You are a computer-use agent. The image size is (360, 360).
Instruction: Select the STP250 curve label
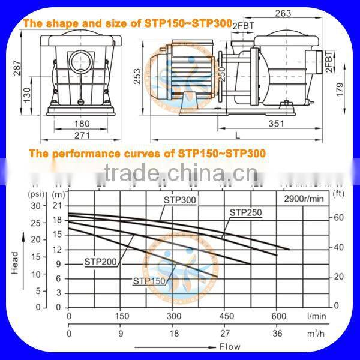[x=245, y=212]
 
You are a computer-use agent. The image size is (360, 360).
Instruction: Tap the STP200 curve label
[x=101, y=262]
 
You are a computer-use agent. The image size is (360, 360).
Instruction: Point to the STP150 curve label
[x=149, y=281]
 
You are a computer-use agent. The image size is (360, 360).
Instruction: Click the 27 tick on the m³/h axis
[x=226, y=334]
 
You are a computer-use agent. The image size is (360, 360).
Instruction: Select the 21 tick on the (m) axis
[x=58, y=206]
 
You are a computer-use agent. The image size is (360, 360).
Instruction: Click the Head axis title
[x=15, y=262]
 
